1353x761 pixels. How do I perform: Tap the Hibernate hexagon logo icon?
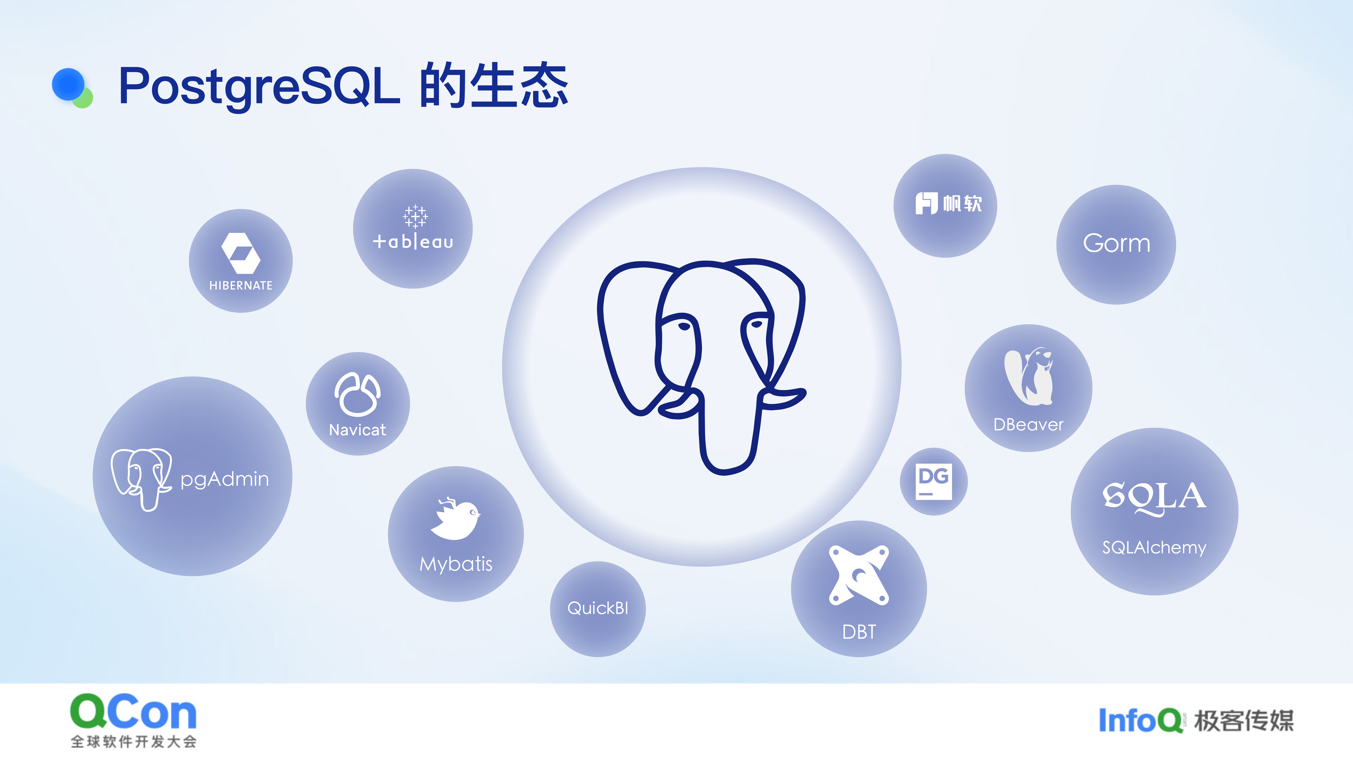[240, 253]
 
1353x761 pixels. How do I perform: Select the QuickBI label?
[598, 608]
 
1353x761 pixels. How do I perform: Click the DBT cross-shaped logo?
[859, 575]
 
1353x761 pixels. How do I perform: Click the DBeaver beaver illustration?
[1028, 376]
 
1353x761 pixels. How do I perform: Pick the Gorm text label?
[1116, 243]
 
